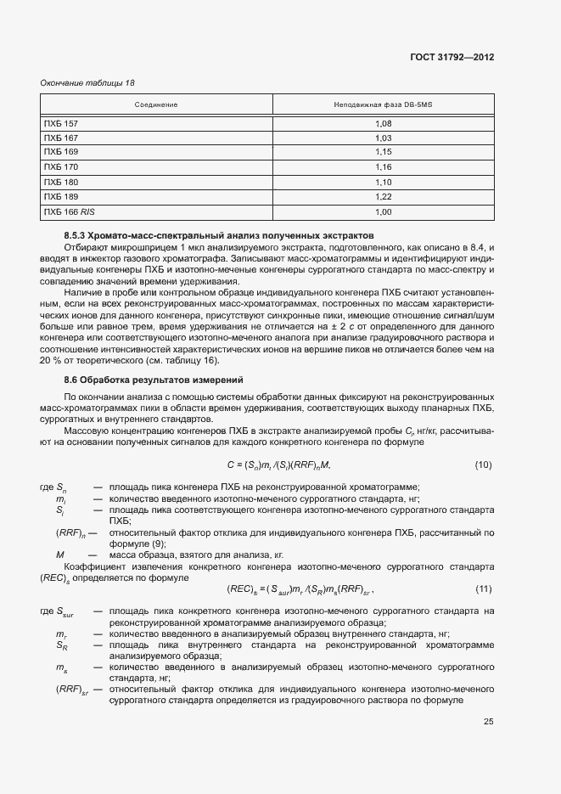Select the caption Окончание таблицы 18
point(87,82)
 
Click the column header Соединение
point(156,104)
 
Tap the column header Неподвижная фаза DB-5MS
point(383,104)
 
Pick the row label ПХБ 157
point(60,123)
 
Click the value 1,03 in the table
point(383,138)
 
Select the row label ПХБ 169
point(60,152)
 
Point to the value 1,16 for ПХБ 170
point(383,167)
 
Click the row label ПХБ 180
point(60,182)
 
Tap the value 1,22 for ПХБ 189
point(383,196)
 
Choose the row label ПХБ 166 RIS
point(68,211)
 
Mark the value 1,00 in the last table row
point(383,211)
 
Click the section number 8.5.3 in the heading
point(78,234)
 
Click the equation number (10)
point(483,465)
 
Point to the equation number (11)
point(483,589)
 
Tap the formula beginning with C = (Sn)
point(278,465)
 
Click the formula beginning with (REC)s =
point(300,589)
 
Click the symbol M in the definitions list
point(60,554)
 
